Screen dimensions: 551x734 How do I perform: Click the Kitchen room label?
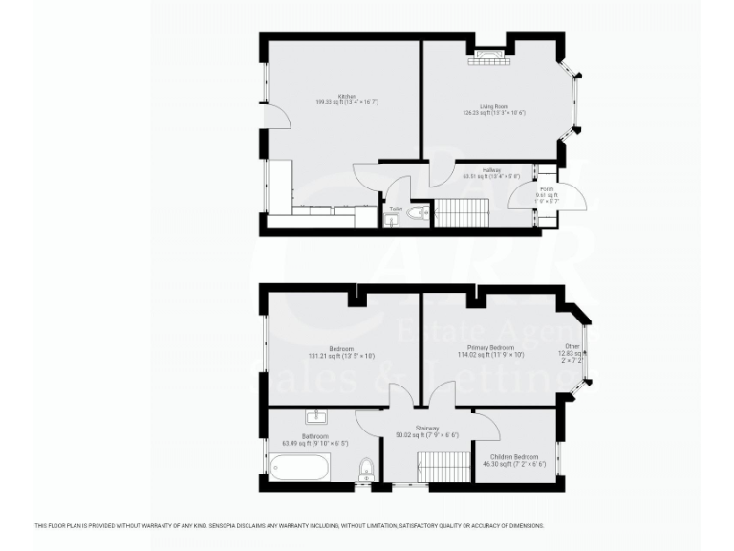pyautogui.click(x=346, y=96)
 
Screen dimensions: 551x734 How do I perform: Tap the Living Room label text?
pyautogui.click(x=493, y=106)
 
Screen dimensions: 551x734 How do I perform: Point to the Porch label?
pyautogui.click(x=547, y=189)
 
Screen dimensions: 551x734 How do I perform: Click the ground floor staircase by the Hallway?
pyautogui.click(x=462, y=211)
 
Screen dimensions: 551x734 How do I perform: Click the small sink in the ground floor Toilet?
pyautogui.click(x=394, y=219)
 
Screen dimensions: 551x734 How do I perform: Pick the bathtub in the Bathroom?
pyautogui.click(x=299, y=469)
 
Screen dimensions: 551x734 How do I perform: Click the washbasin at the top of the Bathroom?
pyautogui.click(x=316, y=417)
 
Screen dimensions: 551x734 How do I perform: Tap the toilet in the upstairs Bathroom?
pyautogui.click(x=365, y=470)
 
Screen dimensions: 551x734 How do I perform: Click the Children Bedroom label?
pyautogui.click(x=514, y=457)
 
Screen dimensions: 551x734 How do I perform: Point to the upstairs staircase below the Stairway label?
pyautogui.click(x=443, y=468)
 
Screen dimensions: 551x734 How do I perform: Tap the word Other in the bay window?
pyautogui.click(x=572, y=346)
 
